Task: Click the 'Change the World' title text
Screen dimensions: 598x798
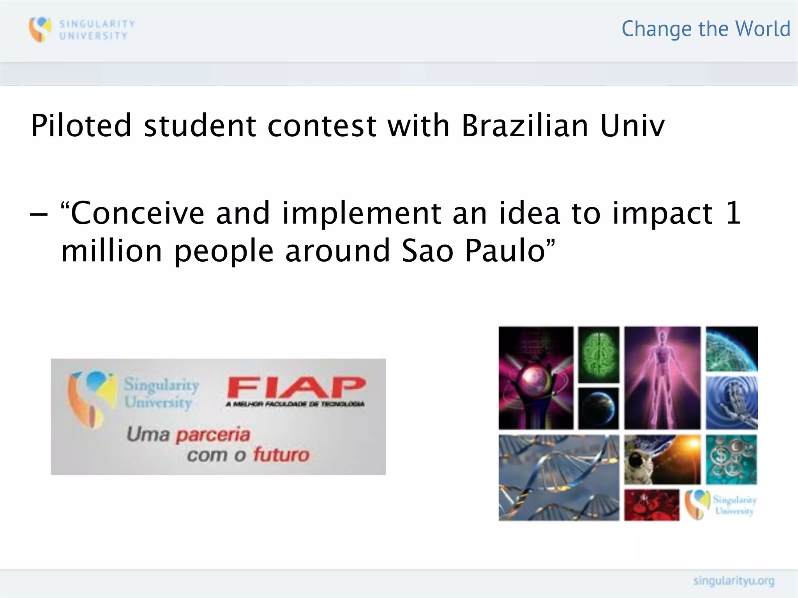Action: point(706,29)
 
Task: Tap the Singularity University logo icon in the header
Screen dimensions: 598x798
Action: point(40,29)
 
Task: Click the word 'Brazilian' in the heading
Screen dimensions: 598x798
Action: point(524,126)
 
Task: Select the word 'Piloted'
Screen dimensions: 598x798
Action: point(81,126)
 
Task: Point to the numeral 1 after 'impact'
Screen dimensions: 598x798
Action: point(733,213)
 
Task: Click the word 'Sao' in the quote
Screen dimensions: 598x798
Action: point(427,251)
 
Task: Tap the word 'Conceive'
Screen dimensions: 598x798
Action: point(138,213)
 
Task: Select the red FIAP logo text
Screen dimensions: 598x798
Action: point(296,387)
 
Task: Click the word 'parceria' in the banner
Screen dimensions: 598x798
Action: point(213,434)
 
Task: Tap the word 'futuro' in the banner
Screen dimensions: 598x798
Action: point(281,454)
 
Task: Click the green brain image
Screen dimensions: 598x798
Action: point(598,354)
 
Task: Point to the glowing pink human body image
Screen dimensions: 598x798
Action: point(662,378)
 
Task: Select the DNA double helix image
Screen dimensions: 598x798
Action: point(558,478)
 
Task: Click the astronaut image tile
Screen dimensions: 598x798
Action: point(662,459)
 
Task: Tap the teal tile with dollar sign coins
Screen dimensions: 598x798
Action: point(731,459)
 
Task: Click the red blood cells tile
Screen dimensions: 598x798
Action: point(651,505)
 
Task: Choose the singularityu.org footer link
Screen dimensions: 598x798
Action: point(733,581)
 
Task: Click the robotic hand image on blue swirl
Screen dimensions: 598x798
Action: point(731,403)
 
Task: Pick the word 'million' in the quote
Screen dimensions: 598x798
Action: point(111,251)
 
